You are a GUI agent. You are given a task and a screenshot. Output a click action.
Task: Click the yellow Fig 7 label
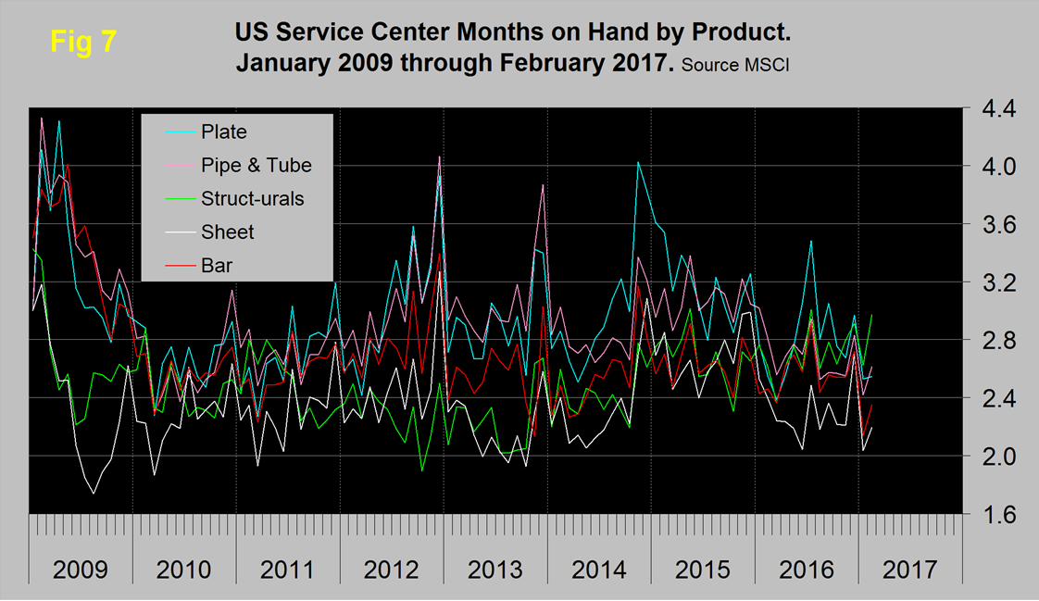(x=82, y=43)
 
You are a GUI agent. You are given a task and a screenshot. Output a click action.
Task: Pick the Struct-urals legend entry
(x=252, y=197)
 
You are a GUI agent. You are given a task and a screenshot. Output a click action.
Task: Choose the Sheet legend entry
(x=228, y=232)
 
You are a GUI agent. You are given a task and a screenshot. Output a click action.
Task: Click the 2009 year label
(x=81, y=568)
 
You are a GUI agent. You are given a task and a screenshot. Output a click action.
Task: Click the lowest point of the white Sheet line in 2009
(x=94, y=494)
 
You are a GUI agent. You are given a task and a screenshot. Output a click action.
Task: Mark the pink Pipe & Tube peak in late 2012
(x=439, y=157)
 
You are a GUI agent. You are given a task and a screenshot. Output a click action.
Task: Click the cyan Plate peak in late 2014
(x=638, y=162)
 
